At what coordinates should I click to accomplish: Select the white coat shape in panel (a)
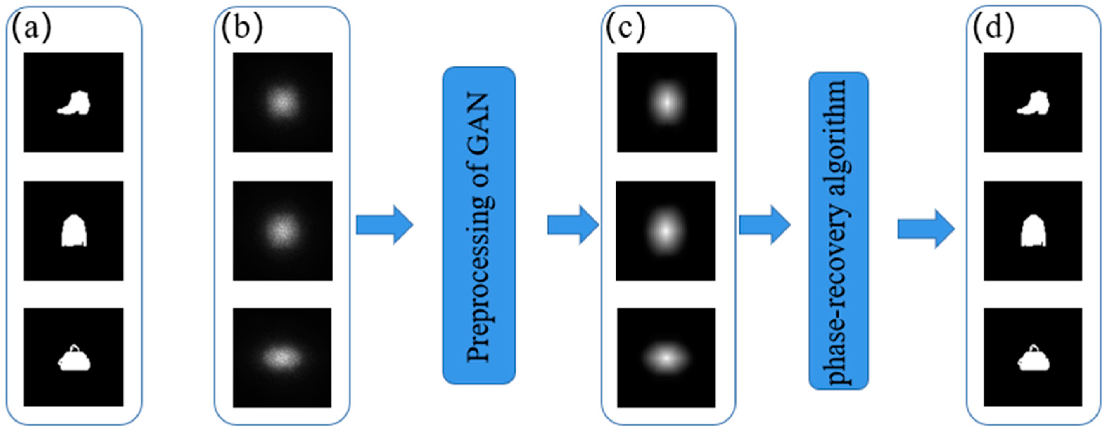coord(74,231)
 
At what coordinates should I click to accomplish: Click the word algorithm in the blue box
coord(838,137)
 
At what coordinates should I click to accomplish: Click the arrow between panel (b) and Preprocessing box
coord(384,225)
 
